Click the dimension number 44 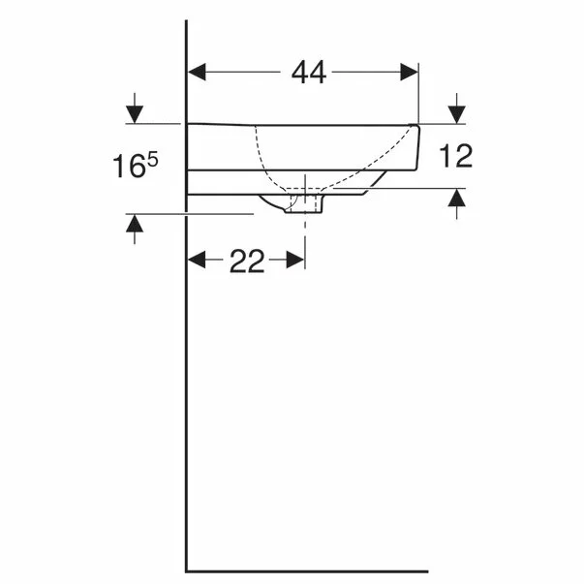(x=309, y=73)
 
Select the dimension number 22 (x=247, y=261)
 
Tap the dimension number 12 (x=456, y=155)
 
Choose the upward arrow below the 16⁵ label (x=134, y=227)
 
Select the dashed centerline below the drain (x=306, y=232)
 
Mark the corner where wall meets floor (x=186, y=570)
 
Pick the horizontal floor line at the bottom (x=310, y=570)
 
